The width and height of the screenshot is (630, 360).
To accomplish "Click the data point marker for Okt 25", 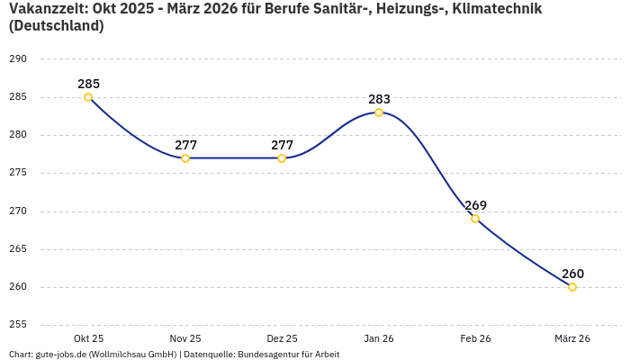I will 88,97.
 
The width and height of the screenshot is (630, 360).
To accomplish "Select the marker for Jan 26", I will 379,112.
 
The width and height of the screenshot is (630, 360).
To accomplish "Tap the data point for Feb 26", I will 475,219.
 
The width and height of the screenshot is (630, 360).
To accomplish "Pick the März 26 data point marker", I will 572,287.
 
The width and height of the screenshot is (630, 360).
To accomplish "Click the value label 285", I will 88,84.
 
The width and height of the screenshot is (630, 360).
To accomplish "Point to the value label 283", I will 379,99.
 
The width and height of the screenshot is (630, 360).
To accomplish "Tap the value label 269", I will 475,205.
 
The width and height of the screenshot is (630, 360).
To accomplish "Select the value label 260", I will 572,274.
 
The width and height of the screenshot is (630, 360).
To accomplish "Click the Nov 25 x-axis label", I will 185,338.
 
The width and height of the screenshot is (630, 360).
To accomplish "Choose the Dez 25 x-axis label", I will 282,338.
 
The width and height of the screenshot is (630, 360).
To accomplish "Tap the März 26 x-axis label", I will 572,338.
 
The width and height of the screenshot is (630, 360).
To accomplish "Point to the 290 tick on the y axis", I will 18,59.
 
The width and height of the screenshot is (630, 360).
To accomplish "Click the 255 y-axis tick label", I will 18,325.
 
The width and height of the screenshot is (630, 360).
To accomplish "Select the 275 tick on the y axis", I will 18,173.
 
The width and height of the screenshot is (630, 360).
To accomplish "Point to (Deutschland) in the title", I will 56,26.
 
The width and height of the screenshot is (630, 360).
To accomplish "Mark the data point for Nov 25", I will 185,158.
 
